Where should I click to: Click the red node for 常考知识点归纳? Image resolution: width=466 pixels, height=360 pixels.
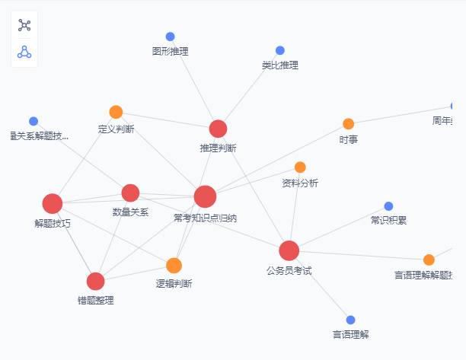tap(205, 196)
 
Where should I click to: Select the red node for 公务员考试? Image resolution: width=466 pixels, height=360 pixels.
tap(289, 250)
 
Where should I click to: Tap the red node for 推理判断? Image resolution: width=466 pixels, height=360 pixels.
tap(218, 129)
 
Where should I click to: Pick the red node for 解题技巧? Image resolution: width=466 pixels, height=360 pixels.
tap(53, 203)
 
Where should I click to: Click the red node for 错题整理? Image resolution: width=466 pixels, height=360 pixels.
tap(95, 281)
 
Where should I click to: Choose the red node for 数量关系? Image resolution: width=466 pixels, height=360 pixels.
tap(130, 193)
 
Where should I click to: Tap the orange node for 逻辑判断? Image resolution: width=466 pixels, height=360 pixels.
tap(174, 266)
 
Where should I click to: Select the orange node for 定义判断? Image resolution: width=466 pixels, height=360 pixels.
tap(116, 112)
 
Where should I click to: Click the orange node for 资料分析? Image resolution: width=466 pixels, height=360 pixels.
tap(300, 167)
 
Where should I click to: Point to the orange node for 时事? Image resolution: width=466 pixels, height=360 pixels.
tap(348, 123)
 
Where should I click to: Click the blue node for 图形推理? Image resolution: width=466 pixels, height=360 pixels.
tap(170, 37)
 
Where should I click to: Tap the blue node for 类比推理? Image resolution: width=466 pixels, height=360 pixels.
tap(279, 50)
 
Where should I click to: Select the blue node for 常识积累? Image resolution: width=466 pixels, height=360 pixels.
tap(388, 206)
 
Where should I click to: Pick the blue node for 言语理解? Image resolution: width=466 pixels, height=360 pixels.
tap(350, 320)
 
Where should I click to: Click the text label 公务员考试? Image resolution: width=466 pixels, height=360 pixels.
tap(289, 270)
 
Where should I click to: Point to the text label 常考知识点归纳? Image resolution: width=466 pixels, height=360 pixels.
tap(205, 218)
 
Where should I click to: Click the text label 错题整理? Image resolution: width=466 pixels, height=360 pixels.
tap(95, 301)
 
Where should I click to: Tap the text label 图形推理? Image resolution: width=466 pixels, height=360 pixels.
tap(170, 52)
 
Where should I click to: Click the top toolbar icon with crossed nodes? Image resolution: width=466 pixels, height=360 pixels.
tap(24, 25)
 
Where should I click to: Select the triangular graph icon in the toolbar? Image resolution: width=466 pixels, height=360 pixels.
tap(24, 52)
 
